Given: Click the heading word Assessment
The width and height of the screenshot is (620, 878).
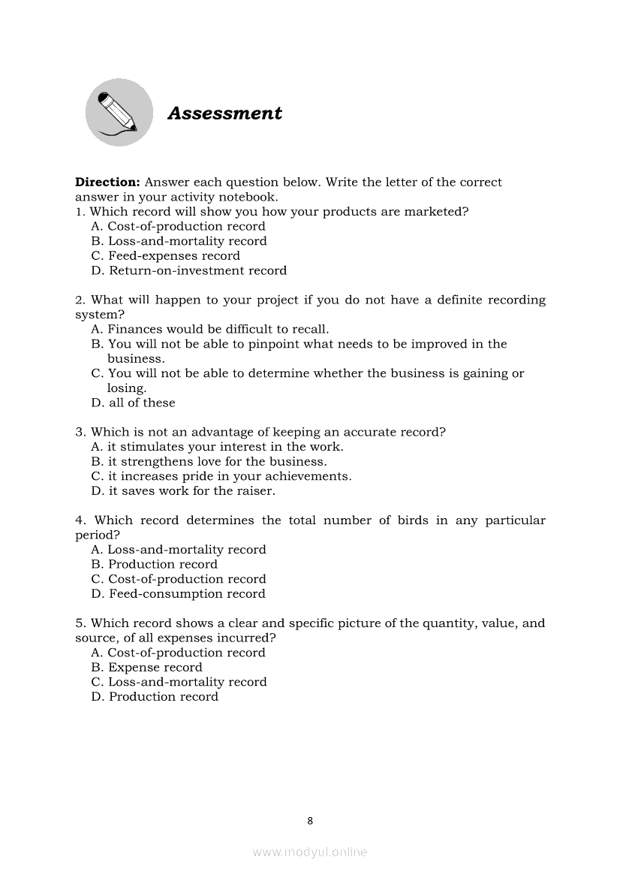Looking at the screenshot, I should pos(224,113).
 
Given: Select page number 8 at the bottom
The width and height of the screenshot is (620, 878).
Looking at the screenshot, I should pos(310,821).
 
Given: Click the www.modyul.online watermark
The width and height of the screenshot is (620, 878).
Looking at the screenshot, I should pos(310,852).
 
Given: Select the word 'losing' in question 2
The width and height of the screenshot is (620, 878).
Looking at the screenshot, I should pos(125,388).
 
